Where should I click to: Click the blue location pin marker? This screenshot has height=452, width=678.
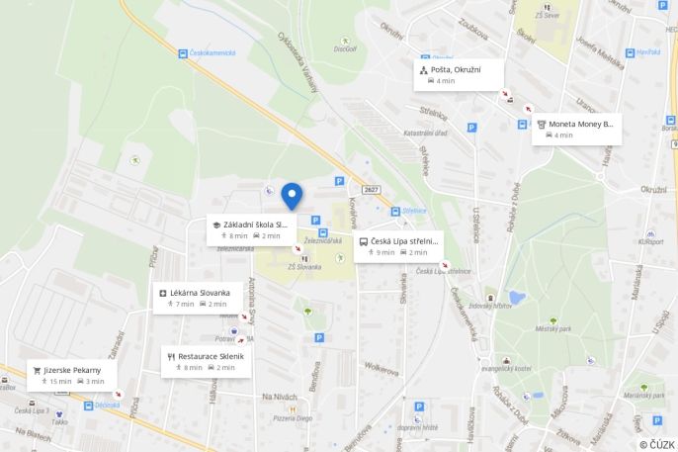coord(291,195)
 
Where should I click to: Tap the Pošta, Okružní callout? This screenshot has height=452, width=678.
coord(459,74)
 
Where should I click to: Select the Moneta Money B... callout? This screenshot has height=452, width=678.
coord(576,129)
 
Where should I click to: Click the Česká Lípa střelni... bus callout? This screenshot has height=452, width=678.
coord(398,246)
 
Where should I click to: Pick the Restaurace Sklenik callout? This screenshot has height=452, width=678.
coord(206,360)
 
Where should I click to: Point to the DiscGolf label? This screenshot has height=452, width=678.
coord(345,47)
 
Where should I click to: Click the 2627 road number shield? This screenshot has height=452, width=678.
coord(371,189)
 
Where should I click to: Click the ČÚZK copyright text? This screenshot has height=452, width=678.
coord(656,444)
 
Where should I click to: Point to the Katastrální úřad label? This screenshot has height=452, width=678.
coord(426,133)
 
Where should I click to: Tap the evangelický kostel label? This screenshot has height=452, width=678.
coord(507,369)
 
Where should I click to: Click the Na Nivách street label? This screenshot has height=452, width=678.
coord(280,397)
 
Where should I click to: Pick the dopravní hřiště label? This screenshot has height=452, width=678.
coord(418,427)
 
